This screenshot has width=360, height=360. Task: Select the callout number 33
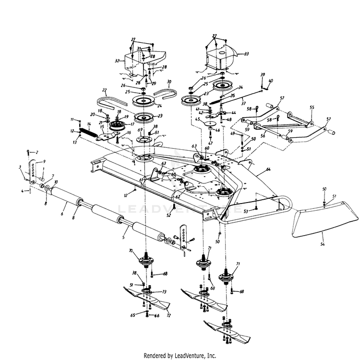click(x=247, y=54)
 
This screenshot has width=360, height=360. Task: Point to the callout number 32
click(x=117, y=61)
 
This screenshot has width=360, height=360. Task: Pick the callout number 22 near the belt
click(x=104, y=90)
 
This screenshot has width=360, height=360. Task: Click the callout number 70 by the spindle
click(x=130, y=251)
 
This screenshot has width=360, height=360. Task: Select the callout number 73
click(x=164, y=292)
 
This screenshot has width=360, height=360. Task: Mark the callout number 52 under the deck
click(x=168, y=216)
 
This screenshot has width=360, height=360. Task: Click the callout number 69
click(x=140, y=130)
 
